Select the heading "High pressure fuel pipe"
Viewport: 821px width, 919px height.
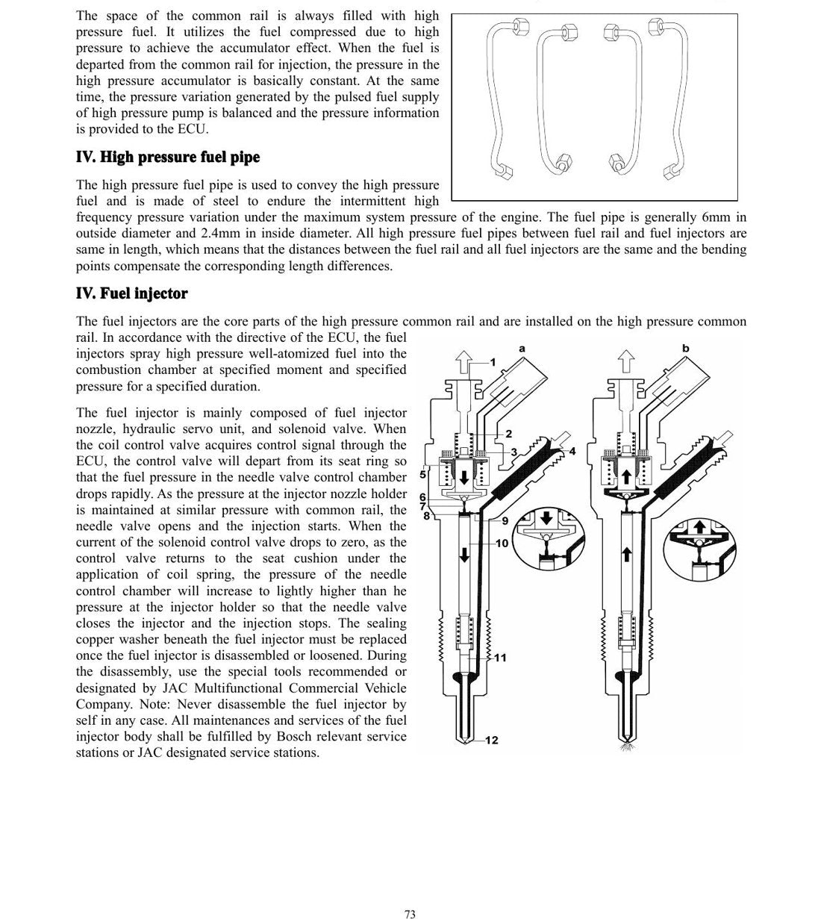[180, 157]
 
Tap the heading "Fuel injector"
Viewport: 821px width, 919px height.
[144, 293]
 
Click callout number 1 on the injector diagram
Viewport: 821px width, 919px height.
[493, 362]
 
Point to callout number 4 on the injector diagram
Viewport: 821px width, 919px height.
[572, 452]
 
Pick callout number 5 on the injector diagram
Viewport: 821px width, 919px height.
[422, 475]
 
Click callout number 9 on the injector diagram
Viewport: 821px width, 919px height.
[505, 521]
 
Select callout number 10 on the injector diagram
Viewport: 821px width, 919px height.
[502, 543]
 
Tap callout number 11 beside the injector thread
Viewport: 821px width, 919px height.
[500, 657]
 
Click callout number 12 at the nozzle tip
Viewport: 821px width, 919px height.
[492, 741]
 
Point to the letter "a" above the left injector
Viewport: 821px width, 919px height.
[522, 349]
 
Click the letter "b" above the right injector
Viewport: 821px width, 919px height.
[685, 348]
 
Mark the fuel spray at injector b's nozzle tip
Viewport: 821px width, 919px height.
[628, 747]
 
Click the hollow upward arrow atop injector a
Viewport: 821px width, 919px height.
[463, 362]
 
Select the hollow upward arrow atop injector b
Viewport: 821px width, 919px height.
[626, 361]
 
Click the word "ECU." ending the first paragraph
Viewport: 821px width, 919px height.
[193, 129]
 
